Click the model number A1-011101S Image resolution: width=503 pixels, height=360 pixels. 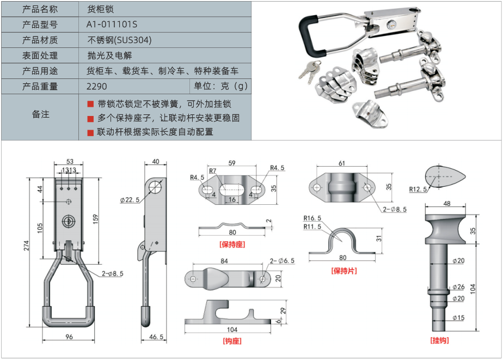coord(112,25)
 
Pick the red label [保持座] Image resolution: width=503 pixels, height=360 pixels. coord(232,245)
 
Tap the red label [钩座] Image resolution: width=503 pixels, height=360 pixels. coord(231,341)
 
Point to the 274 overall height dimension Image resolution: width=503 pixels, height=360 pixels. coord(26,246)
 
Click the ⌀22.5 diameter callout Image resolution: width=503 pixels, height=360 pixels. coord(130,200)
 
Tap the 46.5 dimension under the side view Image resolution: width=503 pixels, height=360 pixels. coord(156,338)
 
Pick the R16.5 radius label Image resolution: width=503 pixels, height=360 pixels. coord(312,218)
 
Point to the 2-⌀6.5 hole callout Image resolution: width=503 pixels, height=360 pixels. coord(281,261)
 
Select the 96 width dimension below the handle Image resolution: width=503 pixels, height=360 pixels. coord(69,338)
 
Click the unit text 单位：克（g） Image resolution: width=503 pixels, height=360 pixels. coord(221,86)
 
